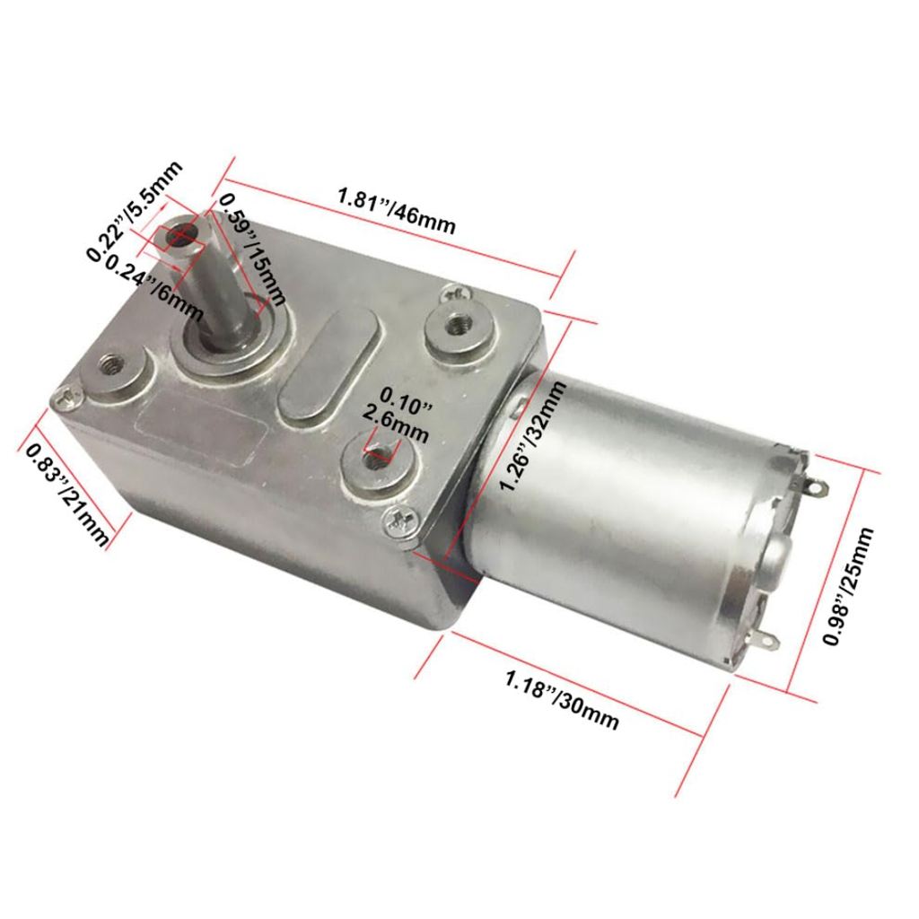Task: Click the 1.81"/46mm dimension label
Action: (x=395, y=210)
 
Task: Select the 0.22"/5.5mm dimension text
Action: (x=134, y=212)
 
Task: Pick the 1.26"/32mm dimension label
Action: (x=534, y=436)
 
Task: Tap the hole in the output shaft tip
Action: (x=187, y=235)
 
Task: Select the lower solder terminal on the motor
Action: (x=765, y=641)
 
